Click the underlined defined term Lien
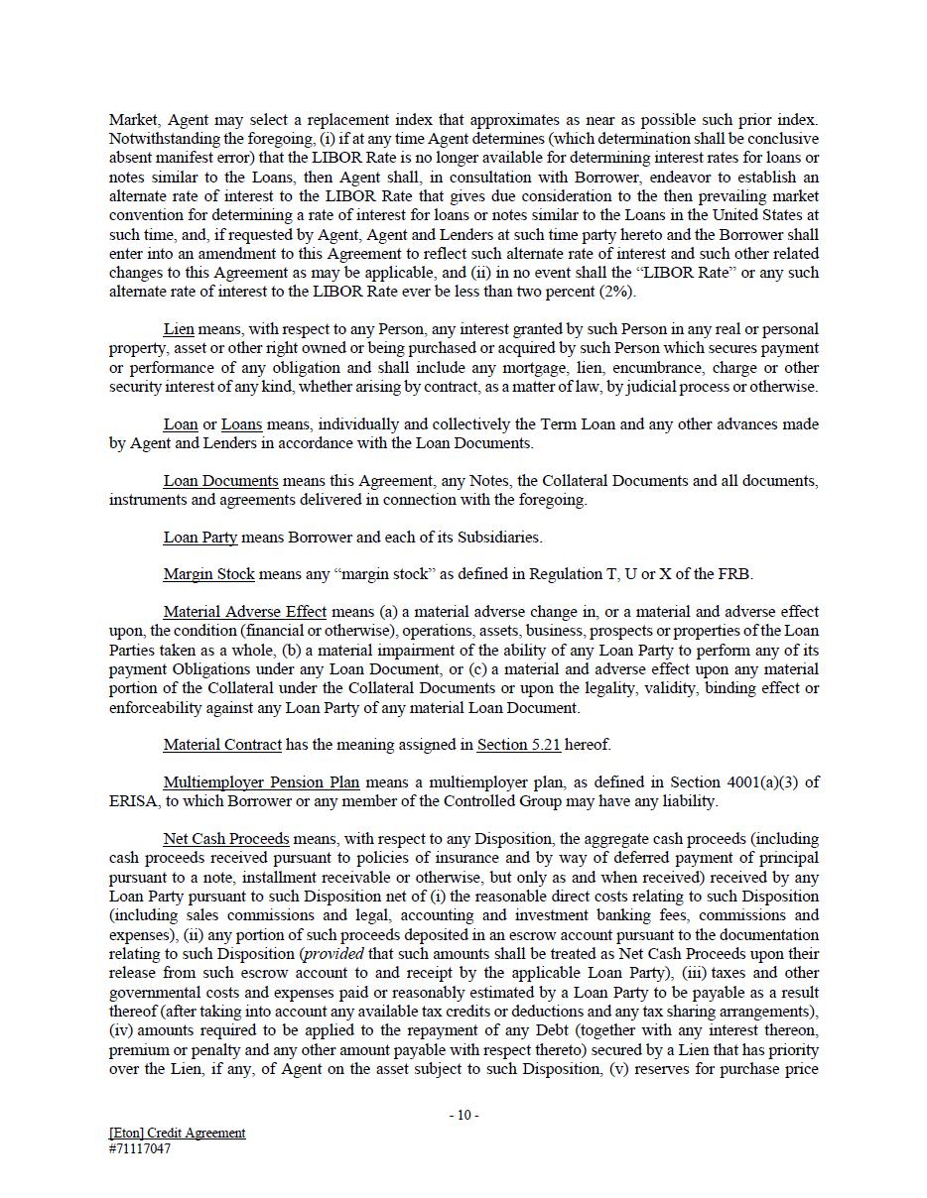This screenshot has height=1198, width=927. pyautogui.click(x=179, y=329)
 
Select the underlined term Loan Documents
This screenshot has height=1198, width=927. pyautogui.click(x=220, y=481)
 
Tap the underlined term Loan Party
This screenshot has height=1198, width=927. pyautogui.click(x=199, y=538)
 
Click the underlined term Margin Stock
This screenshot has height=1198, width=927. pyautogui.click(x=208, y=574)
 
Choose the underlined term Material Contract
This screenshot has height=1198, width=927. pyautogui.click(x=222, y=745)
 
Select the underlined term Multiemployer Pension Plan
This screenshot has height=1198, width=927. pyautogui.click(x=261, y=782)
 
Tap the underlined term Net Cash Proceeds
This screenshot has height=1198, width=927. pyautogui.click(x=226, y=839)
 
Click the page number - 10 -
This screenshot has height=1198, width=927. pyautogui.click(x=463, y=1115)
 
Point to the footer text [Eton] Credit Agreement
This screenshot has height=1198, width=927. pyautogui.click(x=177, y=1133)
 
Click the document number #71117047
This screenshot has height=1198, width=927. pyautogui.click(x=139, y=1149)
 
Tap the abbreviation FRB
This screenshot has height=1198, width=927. pyautogui.click(x=734, y=574)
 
